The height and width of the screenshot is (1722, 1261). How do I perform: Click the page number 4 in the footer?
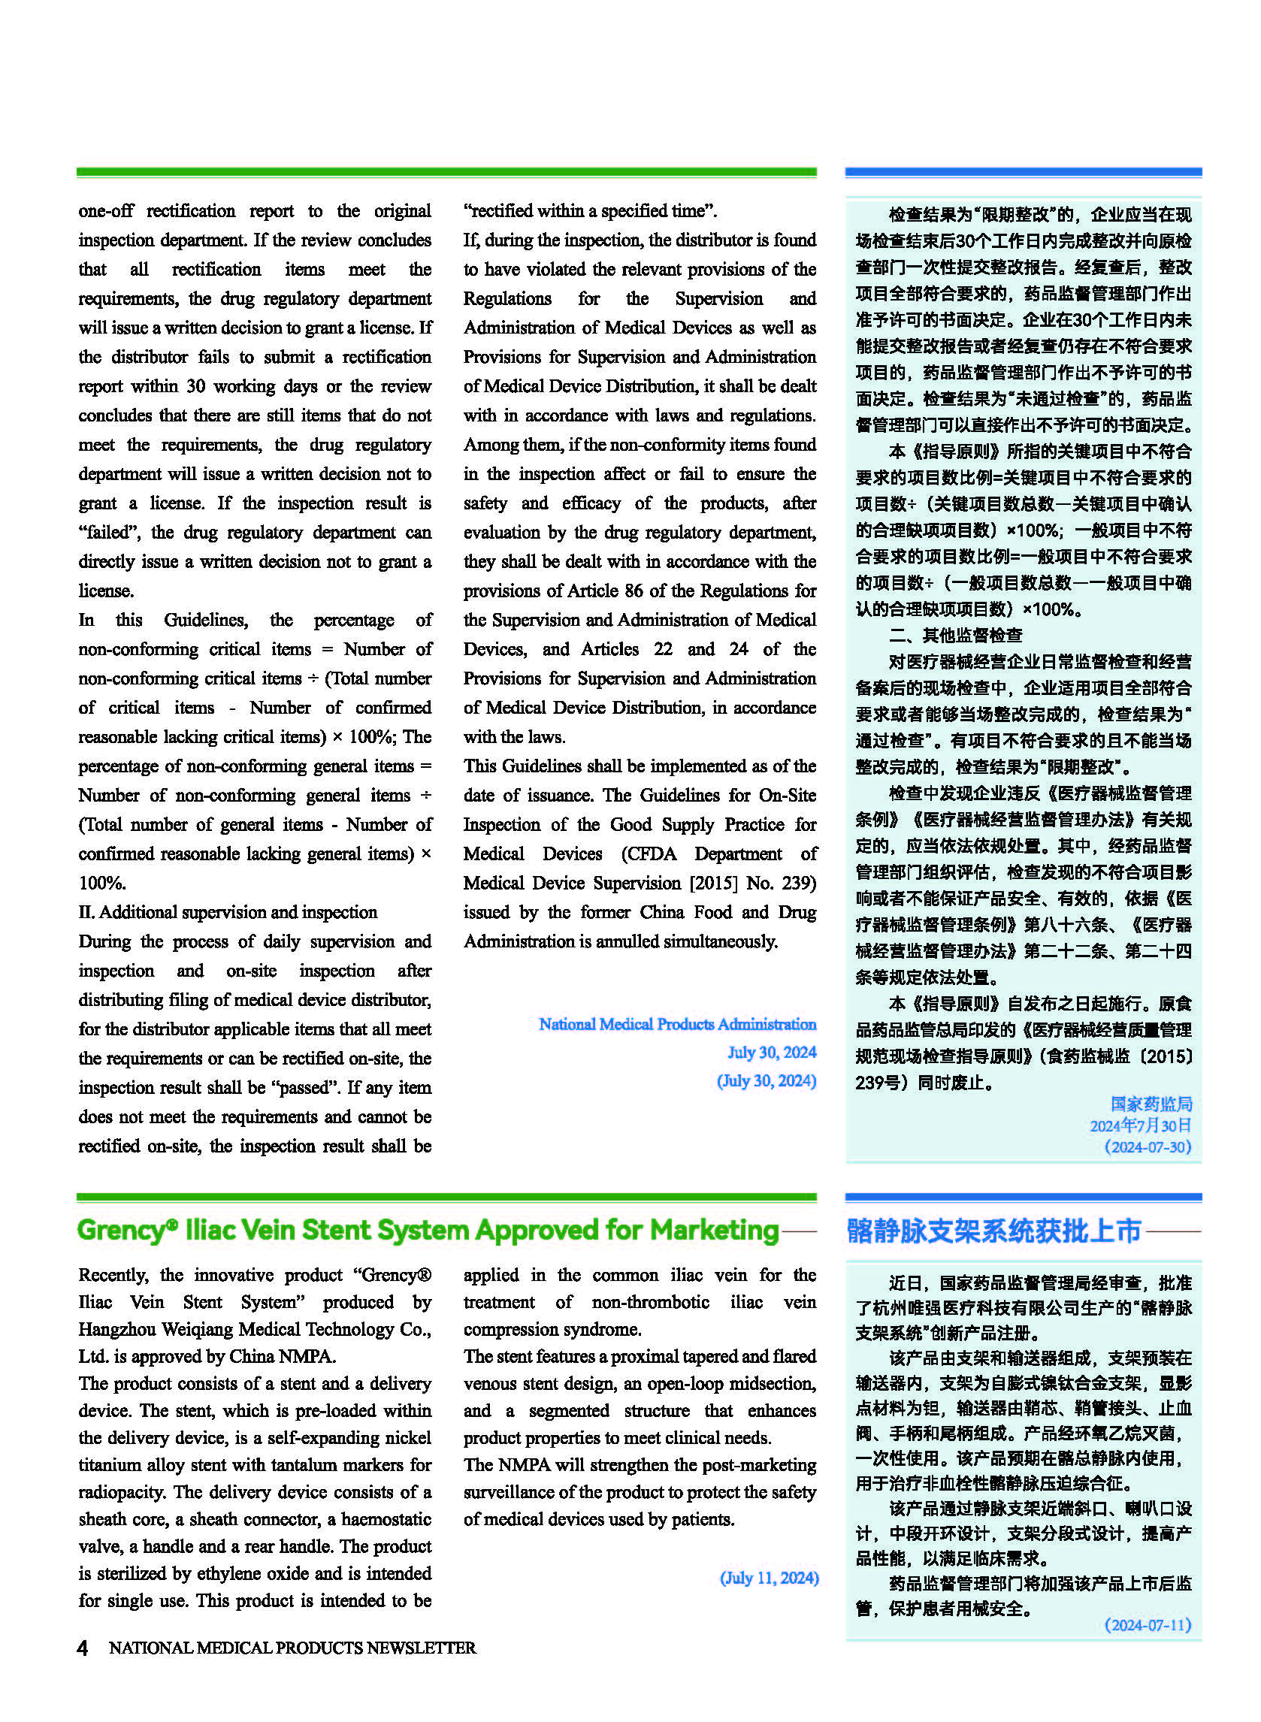83,1647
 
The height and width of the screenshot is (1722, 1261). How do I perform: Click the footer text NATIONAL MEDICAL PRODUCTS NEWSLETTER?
292,1647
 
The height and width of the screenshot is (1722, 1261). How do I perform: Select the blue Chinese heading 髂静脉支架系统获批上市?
993,1231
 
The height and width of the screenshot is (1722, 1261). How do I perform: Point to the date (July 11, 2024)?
769,1578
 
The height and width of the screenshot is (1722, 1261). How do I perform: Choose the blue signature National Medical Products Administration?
677,1024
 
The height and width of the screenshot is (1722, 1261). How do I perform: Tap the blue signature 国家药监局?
1151,1104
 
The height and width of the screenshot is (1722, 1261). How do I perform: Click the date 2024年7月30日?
1141,1125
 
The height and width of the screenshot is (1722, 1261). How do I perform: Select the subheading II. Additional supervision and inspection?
228,912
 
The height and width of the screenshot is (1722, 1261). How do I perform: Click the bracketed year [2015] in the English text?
713,883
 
